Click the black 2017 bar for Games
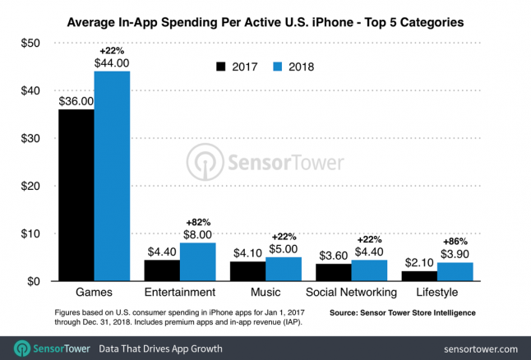click(x=76, y=196)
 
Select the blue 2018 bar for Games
click(x=112, y=176)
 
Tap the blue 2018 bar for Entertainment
click(x=198, y=262)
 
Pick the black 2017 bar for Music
click(x=248, y=271)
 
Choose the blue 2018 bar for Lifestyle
click(x=455, y=272)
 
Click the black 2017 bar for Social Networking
click(x=335, y=273)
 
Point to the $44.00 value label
click(x=112, y=62)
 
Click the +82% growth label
click(x=198, y=221)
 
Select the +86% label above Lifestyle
click(x=455, y=242)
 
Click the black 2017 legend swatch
click(x=220, y=66)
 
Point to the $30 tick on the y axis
click(x=30, y=138)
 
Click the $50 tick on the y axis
click(x=30, y=43)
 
